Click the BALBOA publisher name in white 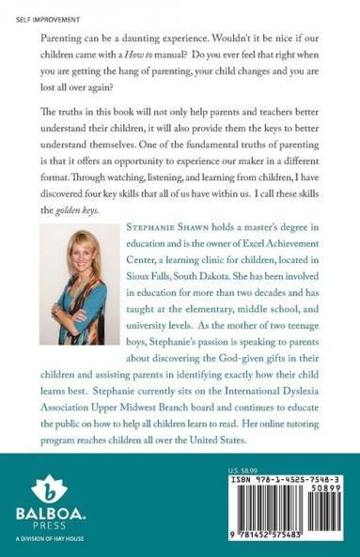(x=45, y=515)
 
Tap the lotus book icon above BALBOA (x=45, y=489)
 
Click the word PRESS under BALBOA (x=45, y=530)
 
